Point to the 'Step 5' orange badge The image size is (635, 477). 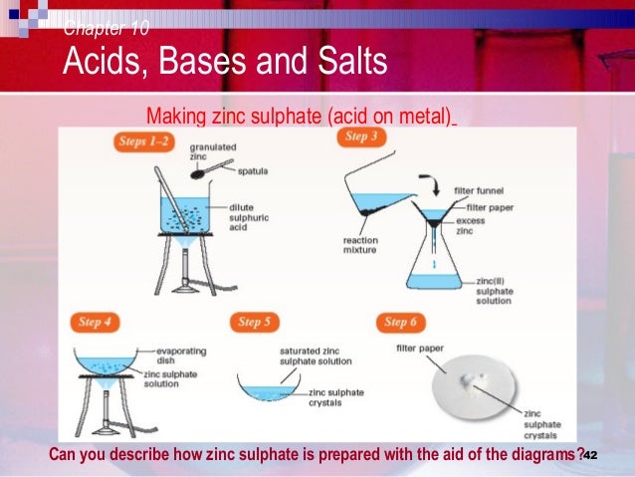coord(256,322)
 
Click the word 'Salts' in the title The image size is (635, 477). coord(338,64)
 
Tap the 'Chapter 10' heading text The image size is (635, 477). coord(106,28)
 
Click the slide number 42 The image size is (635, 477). coord(589,454)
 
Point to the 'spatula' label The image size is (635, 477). coord(253,171)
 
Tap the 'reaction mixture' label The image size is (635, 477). coord(361,244)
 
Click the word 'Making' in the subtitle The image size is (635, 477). coord(176,117)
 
